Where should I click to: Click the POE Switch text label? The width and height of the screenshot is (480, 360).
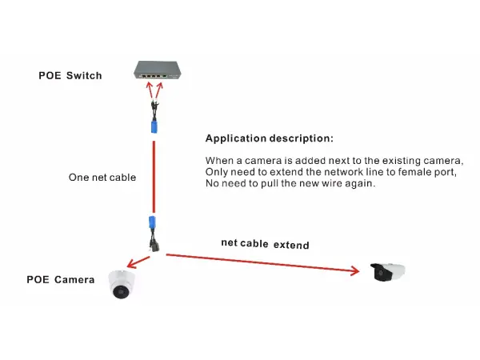(x=70, y=76)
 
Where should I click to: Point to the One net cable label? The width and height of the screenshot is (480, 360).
(x=102, y=178)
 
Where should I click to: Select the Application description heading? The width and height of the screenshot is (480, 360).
(x=269, y=138)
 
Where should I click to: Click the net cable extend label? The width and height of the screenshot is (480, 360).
(x=265, y=243)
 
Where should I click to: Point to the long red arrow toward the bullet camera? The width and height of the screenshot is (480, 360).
(x=264, y=264)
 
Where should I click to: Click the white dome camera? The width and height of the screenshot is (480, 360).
(x=122, y=284)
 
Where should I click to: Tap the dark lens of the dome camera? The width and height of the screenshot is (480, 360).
(x=121, y=290)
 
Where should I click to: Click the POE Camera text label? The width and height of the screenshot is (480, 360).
(x=61, y=280)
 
